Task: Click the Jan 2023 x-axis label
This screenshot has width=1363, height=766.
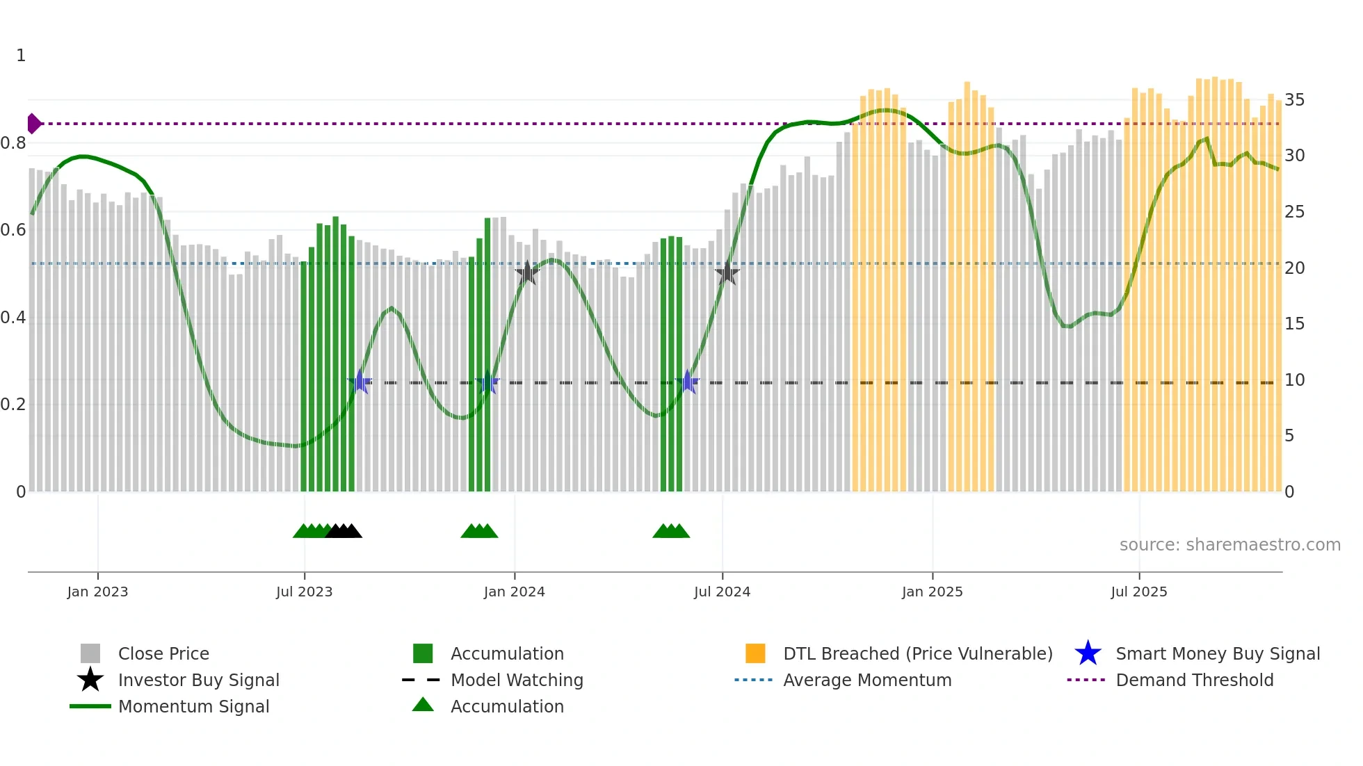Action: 97,592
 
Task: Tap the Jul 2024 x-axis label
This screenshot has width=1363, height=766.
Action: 722,592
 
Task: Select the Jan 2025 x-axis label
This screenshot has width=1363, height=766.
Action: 932,592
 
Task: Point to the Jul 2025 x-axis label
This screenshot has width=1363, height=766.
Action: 1138,592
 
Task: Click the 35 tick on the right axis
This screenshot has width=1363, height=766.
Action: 1294,100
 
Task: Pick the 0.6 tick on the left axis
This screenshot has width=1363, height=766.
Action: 13,230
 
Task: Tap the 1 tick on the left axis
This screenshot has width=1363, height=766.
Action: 21,56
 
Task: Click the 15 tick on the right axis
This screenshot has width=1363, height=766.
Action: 1294,324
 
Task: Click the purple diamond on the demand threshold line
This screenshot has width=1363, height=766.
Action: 33,124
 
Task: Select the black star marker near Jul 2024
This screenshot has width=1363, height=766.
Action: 727,273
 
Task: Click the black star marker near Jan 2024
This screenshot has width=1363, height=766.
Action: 527,273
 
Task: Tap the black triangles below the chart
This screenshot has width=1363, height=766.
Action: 344,531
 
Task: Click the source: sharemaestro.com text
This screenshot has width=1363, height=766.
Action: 1229,545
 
